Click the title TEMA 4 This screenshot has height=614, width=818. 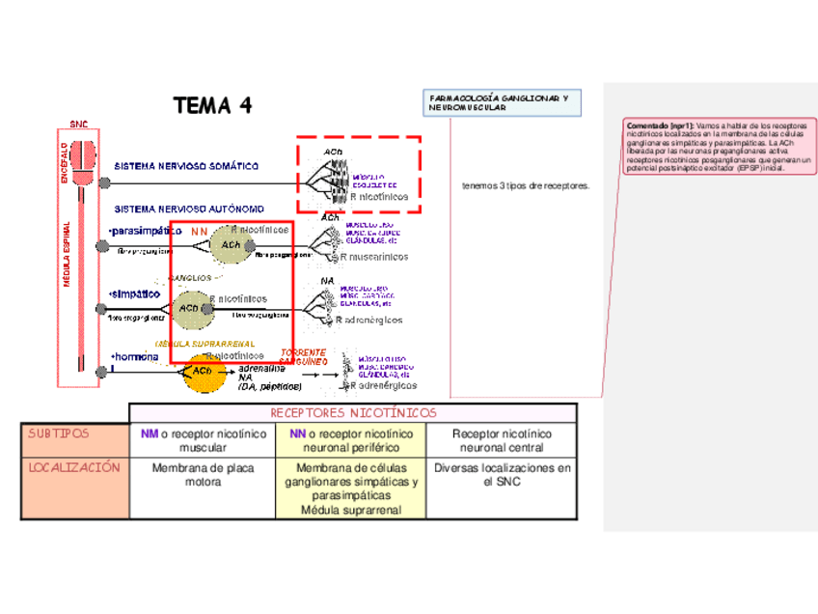coord(212,105)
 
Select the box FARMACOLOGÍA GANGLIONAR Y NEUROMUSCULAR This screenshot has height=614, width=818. coord(503,103)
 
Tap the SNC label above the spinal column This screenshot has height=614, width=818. coord(78,124)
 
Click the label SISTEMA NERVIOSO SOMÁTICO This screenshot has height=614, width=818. coord(186,166)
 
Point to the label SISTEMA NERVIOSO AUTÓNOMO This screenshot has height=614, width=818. coord(189,209)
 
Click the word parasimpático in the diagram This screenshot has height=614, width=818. coord(146,231)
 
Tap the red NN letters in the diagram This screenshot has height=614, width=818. coord(199,232)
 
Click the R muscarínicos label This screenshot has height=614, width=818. coord(372,258)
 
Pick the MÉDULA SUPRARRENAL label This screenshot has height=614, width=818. coord(204,343)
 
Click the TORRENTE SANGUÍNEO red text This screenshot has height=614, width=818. coord(303,355)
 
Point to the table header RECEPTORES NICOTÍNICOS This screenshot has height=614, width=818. coord(353,413)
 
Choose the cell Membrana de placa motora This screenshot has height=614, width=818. coord(203,475)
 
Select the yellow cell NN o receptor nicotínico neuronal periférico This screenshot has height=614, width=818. coord(351,440)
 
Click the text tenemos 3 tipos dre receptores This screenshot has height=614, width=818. coord(526,185)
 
